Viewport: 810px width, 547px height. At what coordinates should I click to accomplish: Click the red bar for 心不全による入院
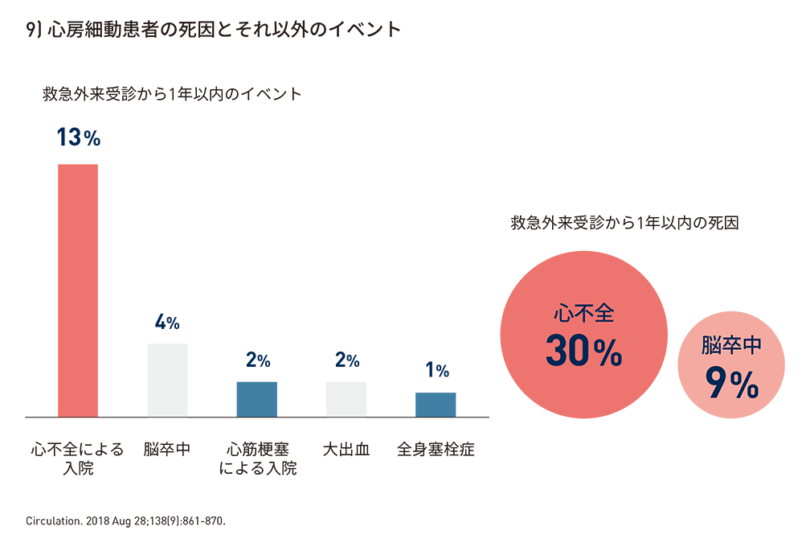[x=78, y=290]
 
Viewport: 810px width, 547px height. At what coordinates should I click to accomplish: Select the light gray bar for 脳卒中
[x=167, y=380]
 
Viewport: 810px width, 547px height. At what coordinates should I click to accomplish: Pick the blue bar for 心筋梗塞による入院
[x=257, y=399]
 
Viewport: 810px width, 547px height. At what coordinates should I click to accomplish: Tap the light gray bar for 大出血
[x=346, y=399]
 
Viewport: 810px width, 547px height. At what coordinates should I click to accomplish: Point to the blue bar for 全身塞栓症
[x=436, y=405]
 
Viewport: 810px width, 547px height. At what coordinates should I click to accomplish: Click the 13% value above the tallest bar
[x=78, y=138]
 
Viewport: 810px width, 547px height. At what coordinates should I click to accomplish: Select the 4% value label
[x=167, y=323]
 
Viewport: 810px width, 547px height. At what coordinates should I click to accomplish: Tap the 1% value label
[x=436, y=371]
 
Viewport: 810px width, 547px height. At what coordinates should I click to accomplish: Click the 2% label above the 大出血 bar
[x=346, y=360]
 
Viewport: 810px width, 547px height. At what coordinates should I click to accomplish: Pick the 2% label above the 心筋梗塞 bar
[x=258, y=360]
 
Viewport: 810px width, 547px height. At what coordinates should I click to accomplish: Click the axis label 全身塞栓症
[x=436, y=450]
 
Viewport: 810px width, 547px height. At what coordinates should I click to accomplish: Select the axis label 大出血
[x=346, y=450]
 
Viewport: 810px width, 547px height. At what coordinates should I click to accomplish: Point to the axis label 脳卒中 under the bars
[x=167, y=450]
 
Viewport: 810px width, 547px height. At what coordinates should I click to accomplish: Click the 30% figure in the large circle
[x=584, y=350]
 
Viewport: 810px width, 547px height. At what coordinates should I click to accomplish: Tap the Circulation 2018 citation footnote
[x=126, y=520]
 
